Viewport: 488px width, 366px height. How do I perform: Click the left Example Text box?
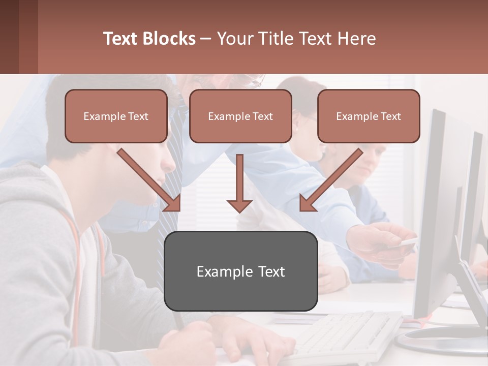(116, 116)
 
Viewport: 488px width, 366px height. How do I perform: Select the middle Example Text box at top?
(240, 116)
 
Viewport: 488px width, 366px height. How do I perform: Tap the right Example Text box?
(369, 116)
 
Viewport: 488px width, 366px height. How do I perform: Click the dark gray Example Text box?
(240, 271)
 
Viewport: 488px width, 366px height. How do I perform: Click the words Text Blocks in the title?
(149, 39)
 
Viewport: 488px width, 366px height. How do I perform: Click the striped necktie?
(173, 168)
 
